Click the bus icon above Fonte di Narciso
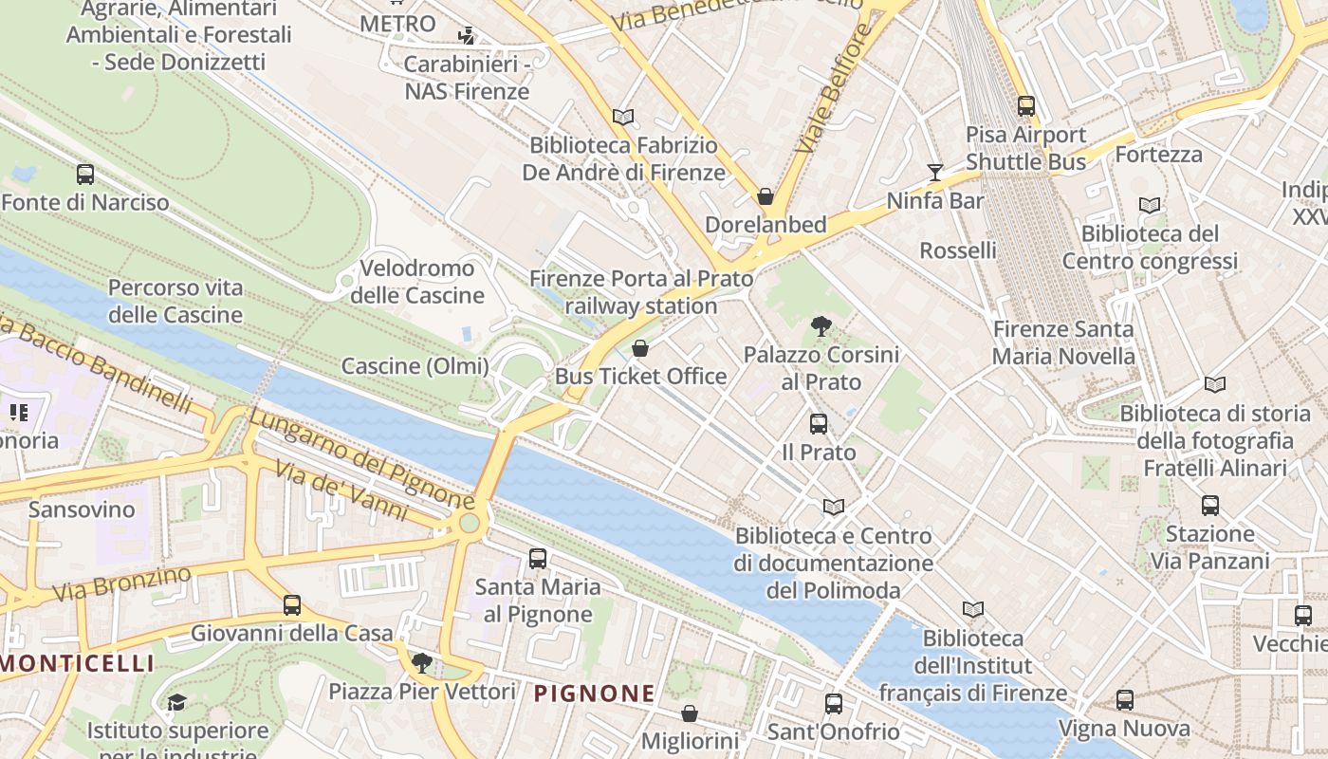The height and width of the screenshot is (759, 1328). click(85, 175)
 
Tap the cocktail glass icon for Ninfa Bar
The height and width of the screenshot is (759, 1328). click(935, 172)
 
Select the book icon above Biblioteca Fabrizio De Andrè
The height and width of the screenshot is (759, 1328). click(623, 117)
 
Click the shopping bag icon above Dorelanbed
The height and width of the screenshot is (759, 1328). click(765, 196)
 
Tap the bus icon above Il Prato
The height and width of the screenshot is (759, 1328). click(819, 424)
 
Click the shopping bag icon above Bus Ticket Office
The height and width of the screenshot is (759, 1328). click(640, 348)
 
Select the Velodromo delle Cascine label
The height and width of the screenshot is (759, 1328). click(417, 282)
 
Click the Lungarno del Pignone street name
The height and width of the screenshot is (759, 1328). click(360, 457)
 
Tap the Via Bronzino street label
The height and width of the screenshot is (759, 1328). click(121, 584)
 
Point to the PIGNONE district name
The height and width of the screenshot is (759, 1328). click(594, 694)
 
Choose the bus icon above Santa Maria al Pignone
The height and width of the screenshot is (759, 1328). click(538, 559)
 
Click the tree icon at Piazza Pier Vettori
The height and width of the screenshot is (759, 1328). click(422, 662)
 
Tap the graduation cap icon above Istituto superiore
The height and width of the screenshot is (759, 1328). click(176, 703)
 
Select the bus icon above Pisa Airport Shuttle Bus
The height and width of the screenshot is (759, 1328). click(1025, 106)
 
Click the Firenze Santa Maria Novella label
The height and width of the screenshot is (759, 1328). click(1062, 342)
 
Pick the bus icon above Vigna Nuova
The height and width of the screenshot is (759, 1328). click(1124, 700)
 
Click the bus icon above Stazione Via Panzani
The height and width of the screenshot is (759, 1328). click(1209, 506)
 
